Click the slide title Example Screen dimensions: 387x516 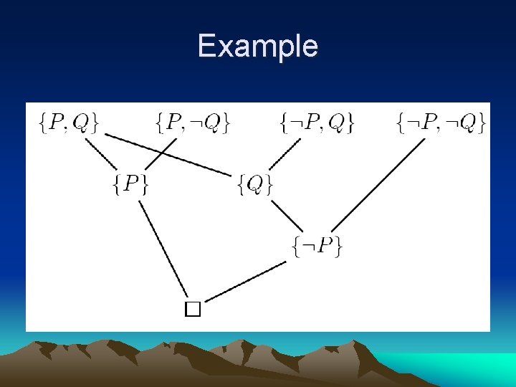pyautogui.click(x=257, y=47)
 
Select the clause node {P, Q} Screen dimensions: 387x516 pyautogui.click(x=69, y=123)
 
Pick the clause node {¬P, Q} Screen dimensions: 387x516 pyautogui.click(x=317, y=123)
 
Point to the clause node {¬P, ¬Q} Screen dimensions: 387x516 pyautogui.click(x=440, y=123)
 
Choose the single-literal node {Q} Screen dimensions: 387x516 pyautogui.click(x=255, y=184)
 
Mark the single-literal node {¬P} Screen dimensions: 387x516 pyautogui.click(x=318, y=246)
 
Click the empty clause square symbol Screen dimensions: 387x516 pyautogui.click(x=192, y=309)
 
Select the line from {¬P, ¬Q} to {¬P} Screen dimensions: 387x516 pyautogui.click(x=378, y=183)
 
